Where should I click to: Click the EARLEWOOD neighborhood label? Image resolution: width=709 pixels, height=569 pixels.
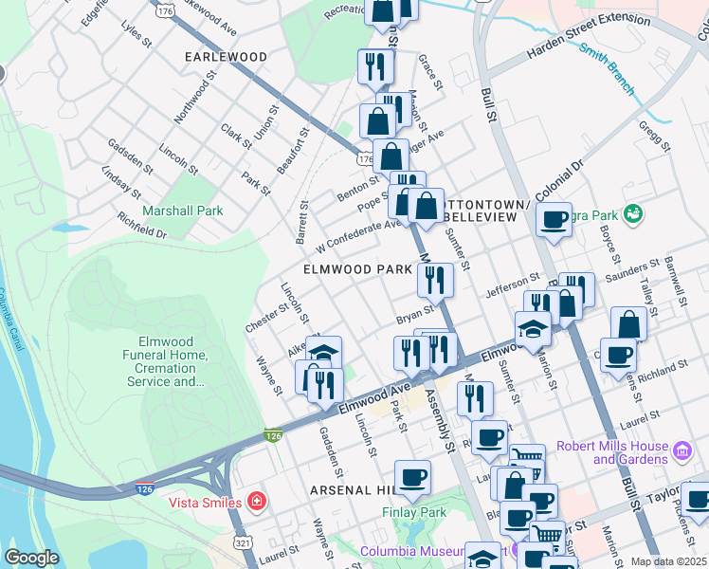(x=227, y=57)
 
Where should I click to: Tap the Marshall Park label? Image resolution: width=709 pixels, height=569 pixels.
(x=182, y=211)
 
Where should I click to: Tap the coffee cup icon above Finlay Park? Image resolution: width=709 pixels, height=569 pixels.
(x=412, y=478)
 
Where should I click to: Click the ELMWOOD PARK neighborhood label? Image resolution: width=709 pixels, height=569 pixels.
(x=357, y=269)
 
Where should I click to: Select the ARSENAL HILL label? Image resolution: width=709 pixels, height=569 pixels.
(x=353, y=490)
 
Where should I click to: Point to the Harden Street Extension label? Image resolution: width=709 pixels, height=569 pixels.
(x=591, y=46)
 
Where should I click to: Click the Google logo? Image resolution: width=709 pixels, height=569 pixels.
(x=31, y=558)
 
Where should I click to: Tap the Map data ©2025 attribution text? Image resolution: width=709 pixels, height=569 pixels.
(x=668, y=561)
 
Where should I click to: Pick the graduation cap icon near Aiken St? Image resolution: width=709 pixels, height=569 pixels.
(x=323, y=353)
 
